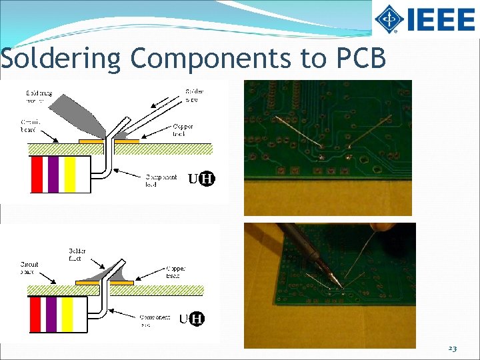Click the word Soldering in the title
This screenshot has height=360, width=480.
tap(61, 59)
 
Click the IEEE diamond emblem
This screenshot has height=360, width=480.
tap(389, 19)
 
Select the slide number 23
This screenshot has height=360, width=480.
tap(453, 348)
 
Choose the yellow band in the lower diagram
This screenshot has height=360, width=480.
tap(67, 314)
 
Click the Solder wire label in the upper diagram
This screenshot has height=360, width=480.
tap(194, 95)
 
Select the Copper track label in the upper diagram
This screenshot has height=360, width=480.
tap(183, 129)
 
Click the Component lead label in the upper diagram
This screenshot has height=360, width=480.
tap(161, 180)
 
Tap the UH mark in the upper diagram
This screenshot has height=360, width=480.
tap(201, 179)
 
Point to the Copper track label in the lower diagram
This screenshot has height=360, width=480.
tap(177, 271)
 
